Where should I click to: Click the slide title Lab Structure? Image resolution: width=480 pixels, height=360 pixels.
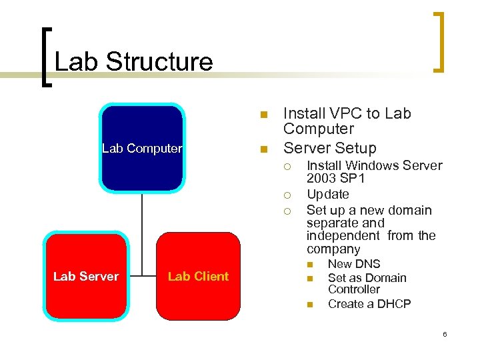point(133,62)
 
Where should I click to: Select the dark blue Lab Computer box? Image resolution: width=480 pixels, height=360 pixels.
point(141,148)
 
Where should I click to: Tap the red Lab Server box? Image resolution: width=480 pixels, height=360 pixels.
point(85,276)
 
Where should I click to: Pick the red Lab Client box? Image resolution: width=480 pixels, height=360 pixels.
point(198,276)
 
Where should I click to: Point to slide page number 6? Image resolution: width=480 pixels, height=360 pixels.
point(445,334)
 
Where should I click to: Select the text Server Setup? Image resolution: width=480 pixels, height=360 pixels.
point(329,148)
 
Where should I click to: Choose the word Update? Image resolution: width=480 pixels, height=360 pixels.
point(327,195)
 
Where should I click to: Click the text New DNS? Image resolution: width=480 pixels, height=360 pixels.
point(353,264)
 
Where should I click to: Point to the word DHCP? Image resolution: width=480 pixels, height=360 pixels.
point(395,304)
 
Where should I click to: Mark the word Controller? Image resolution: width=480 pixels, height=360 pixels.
point(353,289)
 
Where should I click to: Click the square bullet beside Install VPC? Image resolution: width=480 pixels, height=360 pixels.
point(263,114)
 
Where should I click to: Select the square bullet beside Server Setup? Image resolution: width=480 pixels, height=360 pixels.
point(263,148)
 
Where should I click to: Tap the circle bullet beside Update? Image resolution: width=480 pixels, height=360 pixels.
point(287,195)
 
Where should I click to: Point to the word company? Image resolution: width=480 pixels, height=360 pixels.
point(333,249)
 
